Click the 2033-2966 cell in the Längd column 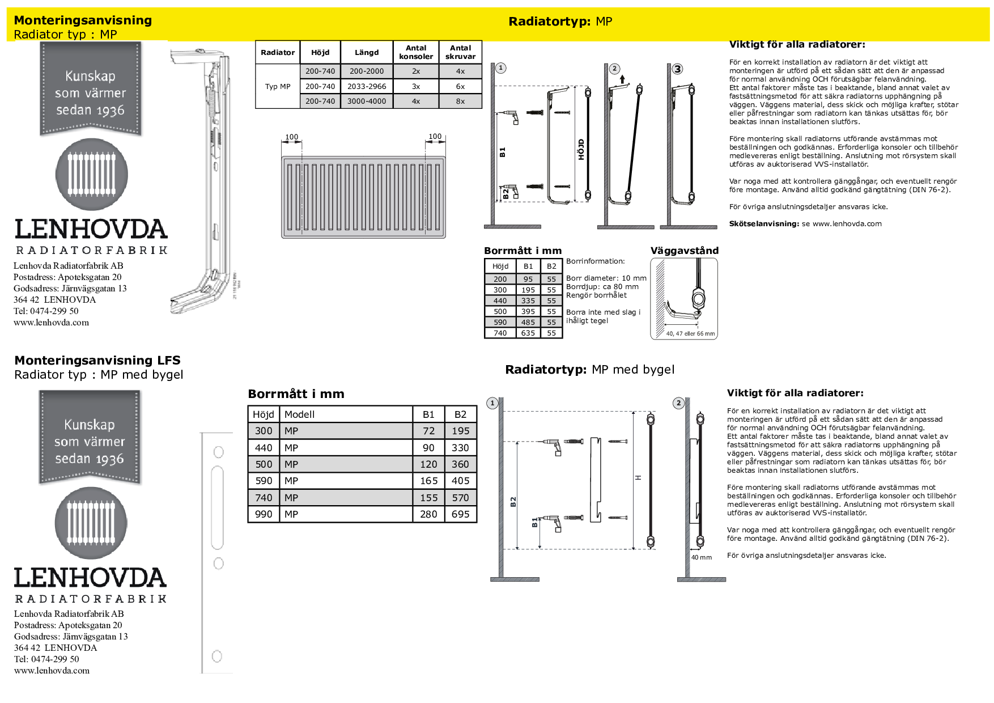tap(367, 86)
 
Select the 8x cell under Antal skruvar tap(460, 101)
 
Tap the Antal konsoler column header tap(416, 52)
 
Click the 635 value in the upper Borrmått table tap(528, 333)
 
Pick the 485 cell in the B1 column tap(528, 322)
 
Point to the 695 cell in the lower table tap(460, 514)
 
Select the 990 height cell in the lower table tap(264, 514)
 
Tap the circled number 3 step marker tap(677, 69)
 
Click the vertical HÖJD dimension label tap(581, 150)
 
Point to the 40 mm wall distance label tap(701, 557)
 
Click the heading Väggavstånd tap(684, 251)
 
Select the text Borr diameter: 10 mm tap(606, 278)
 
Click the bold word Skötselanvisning tap(763, 224)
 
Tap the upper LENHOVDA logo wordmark tap(91, 229)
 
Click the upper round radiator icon tap(92, 175)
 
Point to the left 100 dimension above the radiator tap(291, 137)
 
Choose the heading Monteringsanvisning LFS tap(97, 361)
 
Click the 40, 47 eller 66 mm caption tap(690, 333)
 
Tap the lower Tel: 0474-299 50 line tap(46, 659)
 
